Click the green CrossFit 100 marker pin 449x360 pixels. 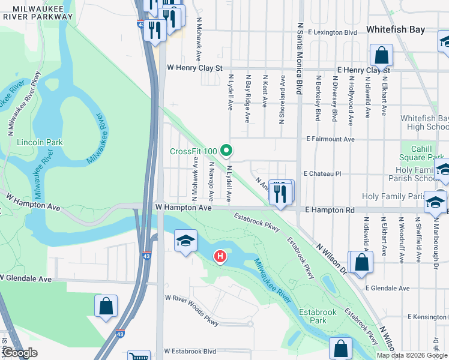226,150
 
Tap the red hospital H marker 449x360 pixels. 220,257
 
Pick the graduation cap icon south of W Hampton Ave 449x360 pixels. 185,242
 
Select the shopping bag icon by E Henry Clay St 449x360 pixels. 381,57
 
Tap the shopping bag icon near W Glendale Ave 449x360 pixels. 106,305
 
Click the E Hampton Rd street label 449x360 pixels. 330,211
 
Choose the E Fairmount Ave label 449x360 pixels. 330,139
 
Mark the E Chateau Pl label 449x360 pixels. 322,173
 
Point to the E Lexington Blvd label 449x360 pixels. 332,32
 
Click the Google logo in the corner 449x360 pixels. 20,353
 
